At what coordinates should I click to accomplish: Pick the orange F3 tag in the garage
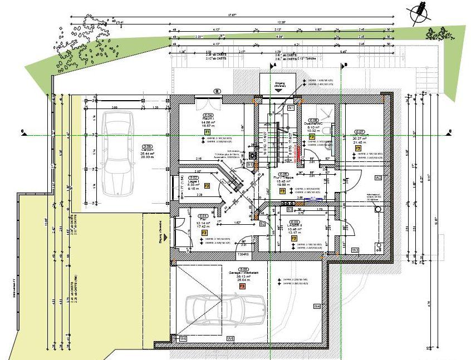click(x=242, y=286)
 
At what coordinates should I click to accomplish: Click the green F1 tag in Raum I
click(x=207, y=132)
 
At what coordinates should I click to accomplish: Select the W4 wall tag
click(x=317, y=307)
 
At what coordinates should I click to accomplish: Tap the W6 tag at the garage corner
click(x=183, y=338)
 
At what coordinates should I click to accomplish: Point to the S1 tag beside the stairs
click(x=251, y=165)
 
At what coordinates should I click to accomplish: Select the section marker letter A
click(x=274, y=65)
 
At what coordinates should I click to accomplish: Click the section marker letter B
click(x=346, y=65)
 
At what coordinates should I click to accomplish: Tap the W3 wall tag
click(x=355, y=250)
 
